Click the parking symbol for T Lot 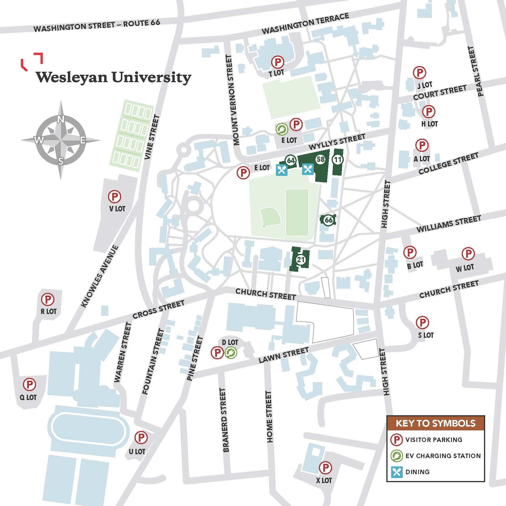pyautogui.click(x=277, y=62)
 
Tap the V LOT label pyautogui.click(x=117, y=209)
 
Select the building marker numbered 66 pyautogui.click(x=328, y=220)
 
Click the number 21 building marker pyautogui.click(x=301, y=260)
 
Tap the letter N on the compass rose pyautogui.click(x=61, y=120)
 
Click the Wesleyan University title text pyautogui.click(x=113, y=77)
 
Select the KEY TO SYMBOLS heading pyautogui.click(x=435, y=423)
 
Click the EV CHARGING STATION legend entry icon pyautogui.click(x=396, y=456)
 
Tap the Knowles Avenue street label pyautogui.click(x=100, y=276)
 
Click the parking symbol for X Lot pyautogui.click(x=325, y=468)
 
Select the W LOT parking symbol pyautogui.click(x=468, y=254)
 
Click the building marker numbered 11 pyautogui.click(x=337, y=160)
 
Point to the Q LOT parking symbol pyautogui.click(x=30, y=385)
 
